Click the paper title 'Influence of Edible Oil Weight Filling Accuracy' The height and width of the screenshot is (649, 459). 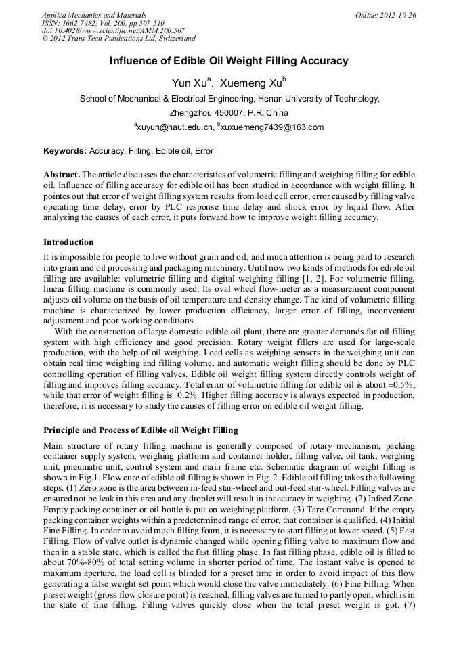(x=229, y=61)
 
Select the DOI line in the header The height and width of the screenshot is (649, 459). (x=113, y=31)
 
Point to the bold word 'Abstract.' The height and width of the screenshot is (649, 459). (x=62, y=174)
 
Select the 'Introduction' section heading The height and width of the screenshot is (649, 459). (x=68, y=242)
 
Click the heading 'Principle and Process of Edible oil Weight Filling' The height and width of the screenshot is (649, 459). (x=140, y=430)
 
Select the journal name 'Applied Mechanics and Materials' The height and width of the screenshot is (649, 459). (x=94, y=15)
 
